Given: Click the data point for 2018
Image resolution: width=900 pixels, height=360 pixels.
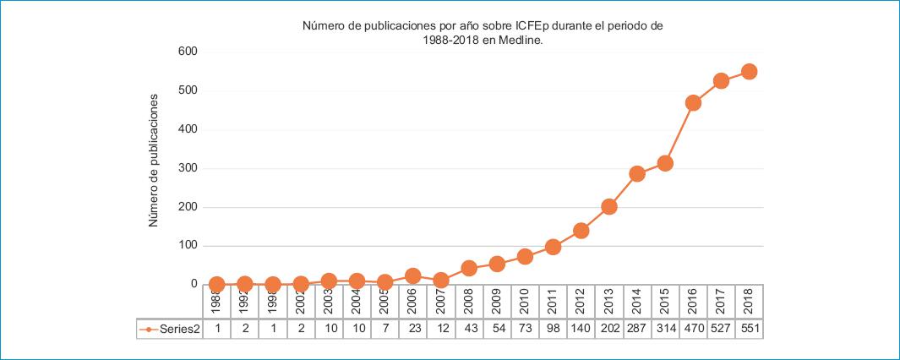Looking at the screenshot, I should [749, 72].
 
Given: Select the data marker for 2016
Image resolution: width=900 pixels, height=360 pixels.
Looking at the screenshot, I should [693, 103].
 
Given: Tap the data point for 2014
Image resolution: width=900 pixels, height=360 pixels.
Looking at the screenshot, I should [637, 174].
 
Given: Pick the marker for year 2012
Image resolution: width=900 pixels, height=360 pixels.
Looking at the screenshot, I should [581, 231].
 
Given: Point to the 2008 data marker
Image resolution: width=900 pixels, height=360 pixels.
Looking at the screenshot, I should [469, 268].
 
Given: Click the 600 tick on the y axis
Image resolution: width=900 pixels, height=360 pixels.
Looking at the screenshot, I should [187, 52].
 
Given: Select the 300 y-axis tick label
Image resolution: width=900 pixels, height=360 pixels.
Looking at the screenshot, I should [187, 168].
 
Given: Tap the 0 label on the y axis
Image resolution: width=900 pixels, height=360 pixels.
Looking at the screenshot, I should [194, 285].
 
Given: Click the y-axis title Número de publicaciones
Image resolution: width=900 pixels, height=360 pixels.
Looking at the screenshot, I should [154, 161].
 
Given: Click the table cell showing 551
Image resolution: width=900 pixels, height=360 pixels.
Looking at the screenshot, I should [749, 330].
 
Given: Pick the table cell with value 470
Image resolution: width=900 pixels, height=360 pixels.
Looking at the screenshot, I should [693, 330].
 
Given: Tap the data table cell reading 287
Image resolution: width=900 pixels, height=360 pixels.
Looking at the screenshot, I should [637, 330].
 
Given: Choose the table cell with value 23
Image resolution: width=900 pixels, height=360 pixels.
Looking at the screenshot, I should [413, 330].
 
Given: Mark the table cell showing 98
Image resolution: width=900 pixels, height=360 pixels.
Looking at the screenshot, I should [553, 330].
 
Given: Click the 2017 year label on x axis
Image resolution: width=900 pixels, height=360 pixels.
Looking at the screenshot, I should [721, 302].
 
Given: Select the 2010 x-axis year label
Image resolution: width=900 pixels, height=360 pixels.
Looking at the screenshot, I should [525, 302].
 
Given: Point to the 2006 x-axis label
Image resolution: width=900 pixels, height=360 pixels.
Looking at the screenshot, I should [413, 302].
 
